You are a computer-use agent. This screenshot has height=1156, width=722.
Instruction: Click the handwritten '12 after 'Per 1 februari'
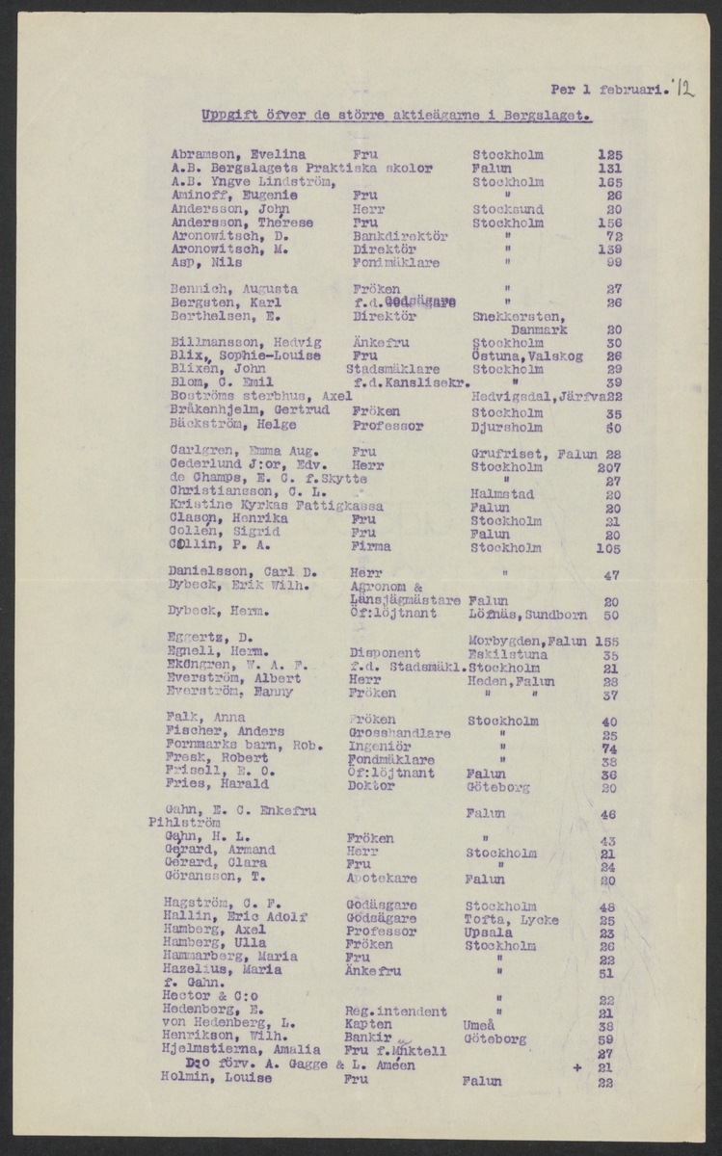[684, 91]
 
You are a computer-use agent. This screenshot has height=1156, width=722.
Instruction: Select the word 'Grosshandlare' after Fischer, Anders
[398, 734]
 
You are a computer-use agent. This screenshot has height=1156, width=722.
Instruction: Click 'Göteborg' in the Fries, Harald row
[499, 787]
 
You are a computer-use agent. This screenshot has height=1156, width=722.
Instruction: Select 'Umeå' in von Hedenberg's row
[480, 1027]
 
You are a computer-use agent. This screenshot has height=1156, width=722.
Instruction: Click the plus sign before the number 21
[576, 1067]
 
